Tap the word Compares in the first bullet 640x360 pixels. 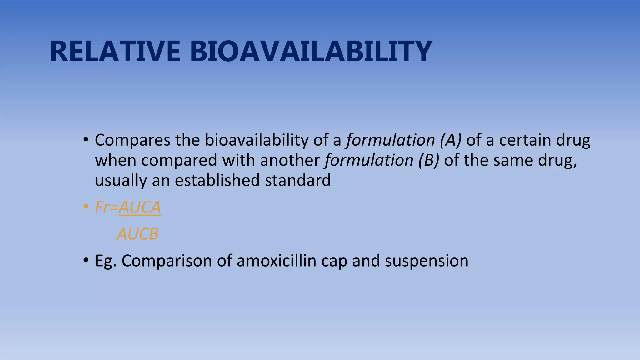132,140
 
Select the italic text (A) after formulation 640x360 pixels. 450,140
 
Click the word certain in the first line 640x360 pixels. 525,140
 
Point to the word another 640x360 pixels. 289,160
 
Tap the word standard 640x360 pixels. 297,180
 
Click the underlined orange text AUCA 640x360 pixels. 140,207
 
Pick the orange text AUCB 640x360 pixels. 137,234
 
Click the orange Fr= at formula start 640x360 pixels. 106,207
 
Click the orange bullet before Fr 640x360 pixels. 86,207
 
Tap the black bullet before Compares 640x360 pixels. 86,140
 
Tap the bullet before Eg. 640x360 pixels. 86,261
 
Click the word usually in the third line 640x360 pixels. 121,181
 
